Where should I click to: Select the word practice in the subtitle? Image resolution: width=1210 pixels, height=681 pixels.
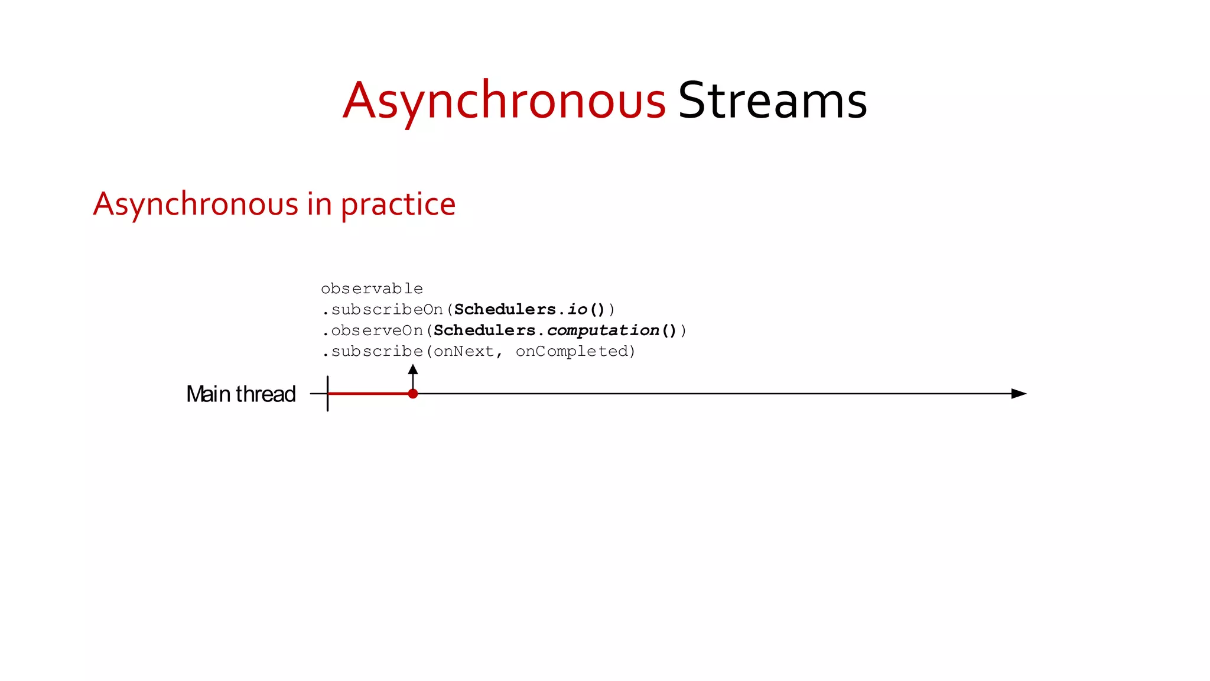pos(398,205)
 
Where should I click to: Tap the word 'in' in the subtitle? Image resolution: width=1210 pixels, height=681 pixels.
pos(319,205)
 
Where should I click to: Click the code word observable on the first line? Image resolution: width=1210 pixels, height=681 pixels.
pos(372,289)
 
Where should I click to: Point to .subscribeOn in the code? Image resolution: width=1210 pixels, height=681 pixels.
pos(382,310)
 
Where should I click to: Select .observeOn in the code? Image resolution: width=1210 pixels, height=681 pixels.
pos(373,330)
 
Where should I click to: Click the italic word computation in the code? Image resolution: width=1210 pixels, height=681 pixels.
pos(603,330)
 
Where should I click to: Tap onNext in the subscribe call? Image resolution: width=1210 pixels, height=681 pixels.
pos(464,352)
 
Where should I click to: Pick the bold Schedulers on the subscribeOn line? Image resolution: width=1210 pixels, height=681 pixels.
pos(505,310)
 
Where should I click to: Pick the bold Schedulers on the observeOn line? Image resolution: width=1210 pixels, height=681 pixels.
pos(484,330)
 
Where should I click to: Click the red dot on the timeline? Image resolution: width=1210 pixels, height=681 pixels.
pos(413,394)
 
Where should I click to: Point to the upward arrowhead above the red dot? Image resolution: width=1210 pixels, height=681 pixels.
pos(413,369)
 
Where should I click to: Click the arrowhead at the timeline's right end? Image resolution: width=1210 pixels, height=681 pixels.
pos(1019,394)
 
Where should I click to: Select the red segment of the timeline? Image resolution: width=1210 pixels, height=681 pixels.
pos(369,394)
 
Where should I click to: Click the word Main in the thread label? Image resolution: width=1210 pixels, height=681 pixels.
pos(208,394)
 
